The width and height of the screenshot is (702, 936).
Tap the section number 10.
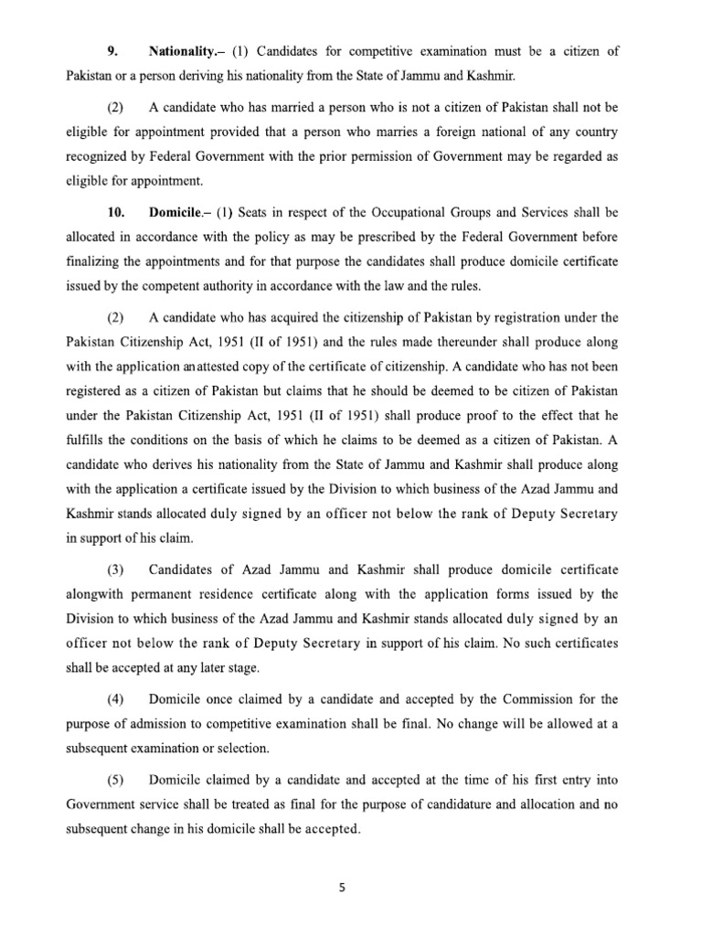tap(115, 212)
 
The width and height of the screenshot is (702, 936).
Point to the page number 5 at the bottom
tap(351, 886)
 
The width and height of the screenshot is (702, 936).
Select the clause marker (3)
tap(115, 569)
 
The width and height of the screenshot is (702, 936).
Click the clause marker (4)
tap(115, 700)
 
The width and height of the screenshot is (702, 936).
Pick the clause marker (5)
tap(115, 780)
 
